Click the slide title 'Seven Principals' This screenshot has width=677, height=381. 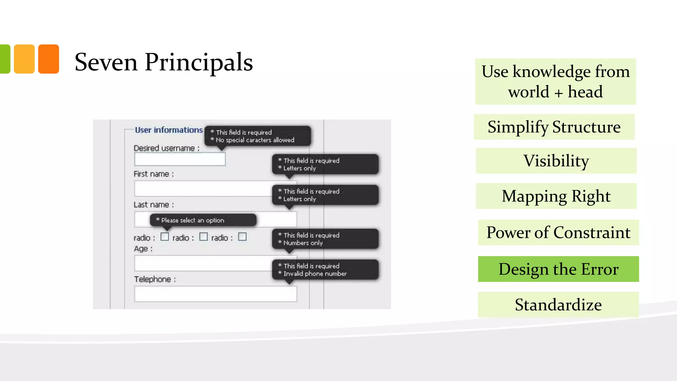(x=164, y=62)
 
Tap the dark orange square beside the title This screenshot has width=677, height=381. (x=49, y=59)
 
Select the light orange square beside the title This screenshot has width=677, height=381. (x=24, y=59)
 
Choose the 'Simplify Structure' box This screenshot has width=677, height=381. (x=554, y=127)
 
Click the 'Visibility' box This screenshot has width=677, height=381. (x=556, y=161)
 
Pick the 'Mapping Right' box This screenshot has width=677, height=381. (x=556, y=196)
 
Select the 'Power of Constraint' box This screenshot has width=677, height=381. (x=558, y=233)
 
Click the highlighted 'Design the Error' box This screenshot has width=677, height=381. (x=558, y=269)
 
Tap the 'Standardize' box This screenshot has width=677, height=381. (x=558, y=305)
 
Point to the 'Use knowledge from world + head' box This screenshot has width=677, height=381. (x=555, y=82)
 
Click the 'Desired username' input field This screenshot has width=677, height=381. (x=180, y=159)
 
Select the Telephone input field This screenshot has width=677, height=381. (x=216, y=294)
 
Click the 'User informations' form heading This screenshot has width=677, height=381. (x=169, y=130)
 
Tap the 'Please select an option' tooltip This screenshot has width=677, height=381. (x=203, y=220)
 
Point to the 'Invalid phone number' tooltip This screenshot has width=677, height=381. (x=325, y=270)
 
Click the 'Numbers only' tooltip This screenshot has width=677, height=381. (x=325, y=239)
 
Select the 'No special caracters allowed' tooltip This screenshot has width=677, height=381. (x=258, y=136)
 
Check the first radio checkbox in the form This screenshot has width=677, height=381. (x=165, y=237)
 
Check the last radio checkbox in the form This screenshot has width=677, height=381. (x=242, y=237)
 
